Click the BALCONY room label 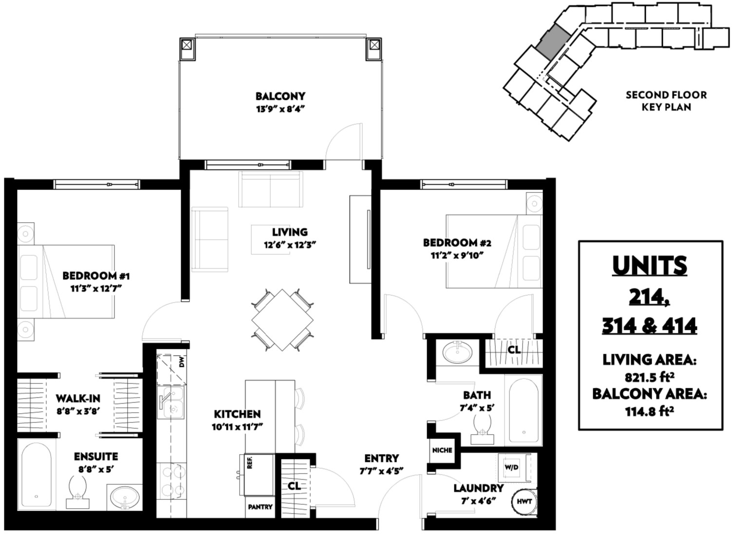[x=281, y=96]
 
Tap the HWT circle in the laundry [x=524, y=501]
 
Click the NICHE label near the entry [x=442, y=450]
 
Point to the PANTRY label [x=260, y=507]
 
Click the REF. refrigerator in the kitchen [x=259, y=475]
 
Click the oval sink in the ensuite [x=125, y=498]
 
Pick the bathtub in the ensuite [x=36, y=475]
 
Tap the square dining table [x=282, y=320]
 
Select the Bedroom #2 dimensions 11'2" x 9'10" [x=457, y=255]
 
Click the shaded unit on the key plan [x=552, y=42]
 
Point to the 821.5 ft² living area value [x=650, y=378]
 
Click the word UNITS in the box [x=650, y=266]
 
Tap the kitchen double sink [x=170, y=402]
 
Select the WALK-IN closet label [x=78, y=398]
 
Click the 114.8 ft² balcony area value [x=650, y=411]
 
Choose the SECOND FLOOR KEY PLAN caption [x=666, y=101]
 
